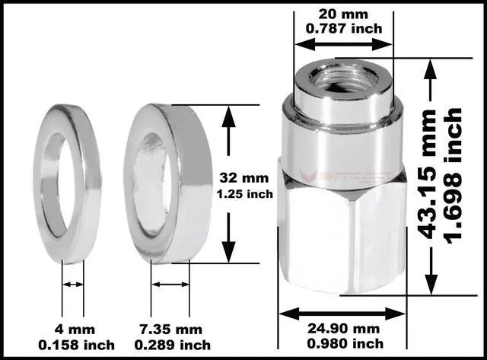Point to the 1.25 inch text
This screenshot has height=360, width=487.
[x=243, y=193]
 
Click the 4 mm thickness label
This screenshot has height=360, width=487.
[x=72, y=329]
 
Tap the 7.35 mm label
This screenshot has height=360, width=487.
[x=172, y=329]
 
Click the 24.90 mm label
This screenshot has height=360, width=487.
[x=342, y=330]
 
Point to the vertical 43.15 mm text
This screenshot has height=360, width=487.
[x=431, y=174]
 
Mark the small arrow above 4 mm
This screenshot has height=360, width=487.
[x=73, y=284]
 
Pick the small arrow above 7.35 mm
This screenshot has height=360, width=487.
[x=170, y=284]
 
